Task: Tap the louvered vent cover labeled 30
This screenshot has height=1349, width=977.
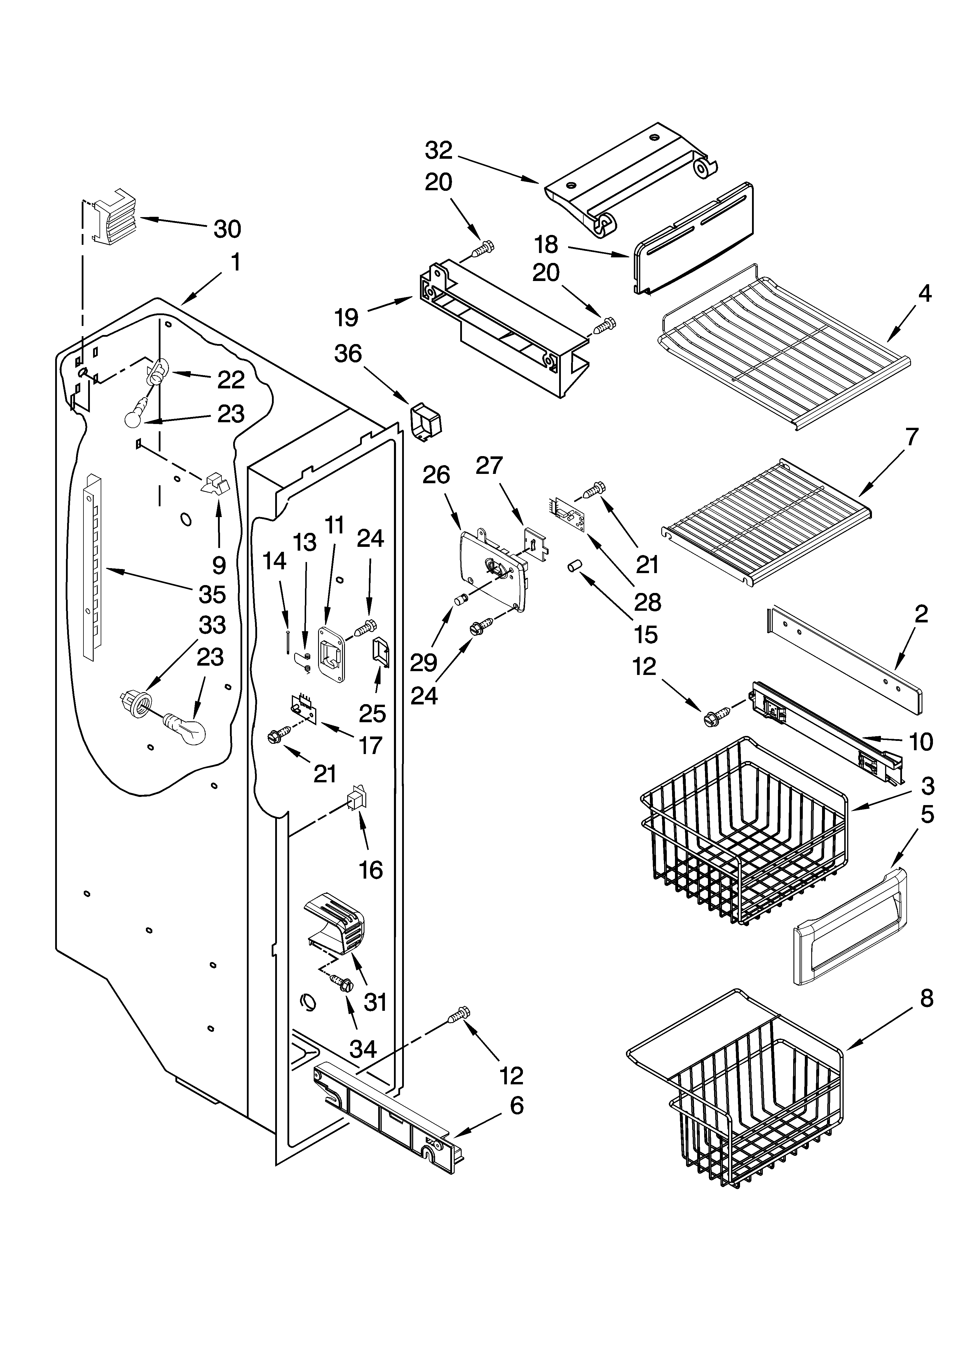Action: (113, 221)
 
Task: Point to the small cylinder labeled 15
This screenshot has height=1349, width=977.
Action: (574, 565)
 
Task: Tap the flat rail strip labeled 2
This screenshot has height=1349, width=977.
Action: (845, 660)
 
